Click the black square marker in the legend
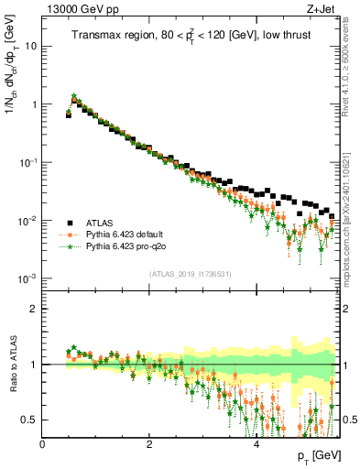(70, 223)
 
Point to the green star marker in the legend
(70, 246)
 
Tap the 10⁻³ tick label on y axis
(27, 278)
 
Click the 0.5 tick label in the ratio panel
(29, 420)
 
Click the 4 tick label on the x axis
(256, 444)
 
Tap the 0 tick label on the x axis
(42, 444)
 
